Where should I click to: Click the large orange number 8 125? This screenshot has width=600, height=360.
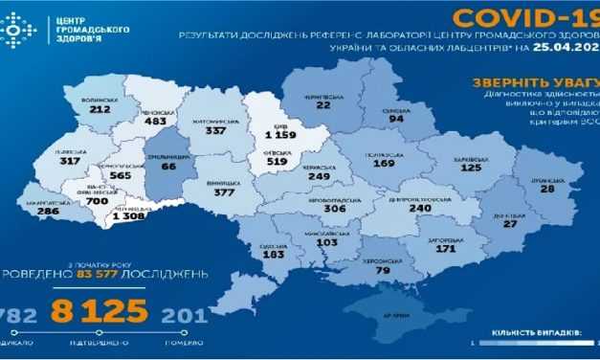pos(107,311)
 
